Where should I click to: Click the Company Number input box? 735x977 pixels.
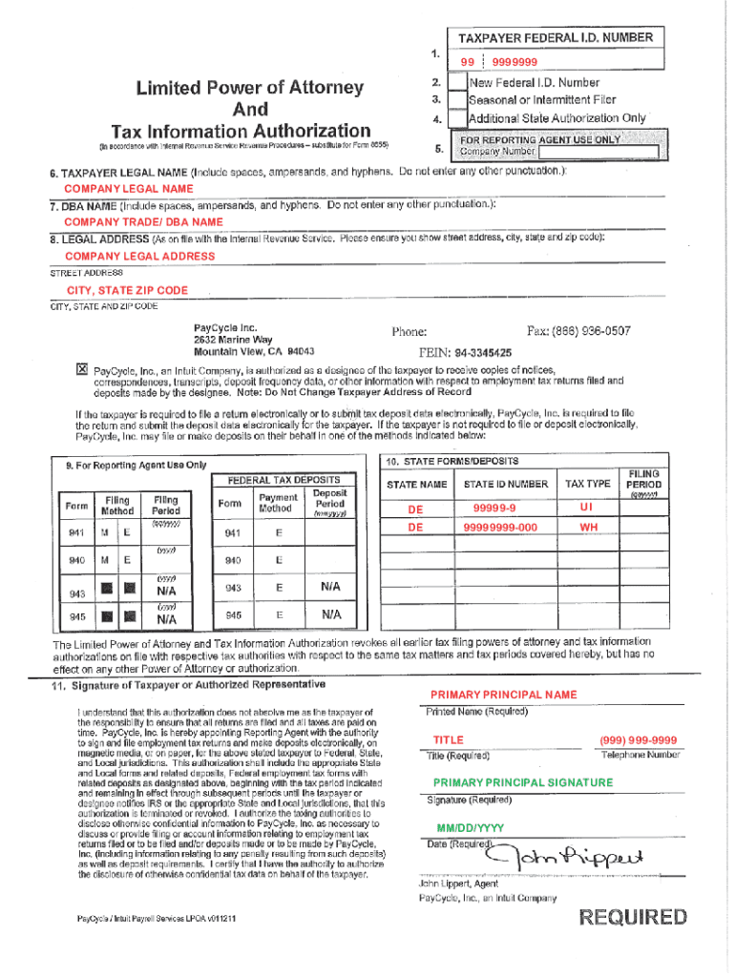point(598,152)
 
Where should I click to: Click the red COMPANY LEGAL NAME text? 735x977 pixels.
point(128,189)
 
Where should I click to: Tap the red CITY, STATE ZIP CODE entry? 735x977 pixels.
point(127,290)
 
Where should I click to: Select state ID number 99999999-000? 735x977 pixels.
point(500,527)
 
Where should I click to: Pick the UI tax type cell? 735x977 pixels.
point(586,508)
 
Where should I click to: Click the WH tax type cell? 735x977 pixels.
point(586,527)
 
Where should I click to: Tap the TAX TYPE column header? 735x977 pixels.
point(587,485)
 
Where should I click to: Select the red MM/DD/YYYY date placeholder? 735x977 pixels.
point(470,827)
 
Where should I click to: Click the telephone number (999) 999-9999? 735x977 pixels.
point(639,740)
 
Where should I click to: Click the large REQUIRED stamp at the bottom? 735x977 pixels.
point(633,918)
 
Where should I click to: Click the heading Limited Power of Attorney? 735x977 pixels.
point(249,88)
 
